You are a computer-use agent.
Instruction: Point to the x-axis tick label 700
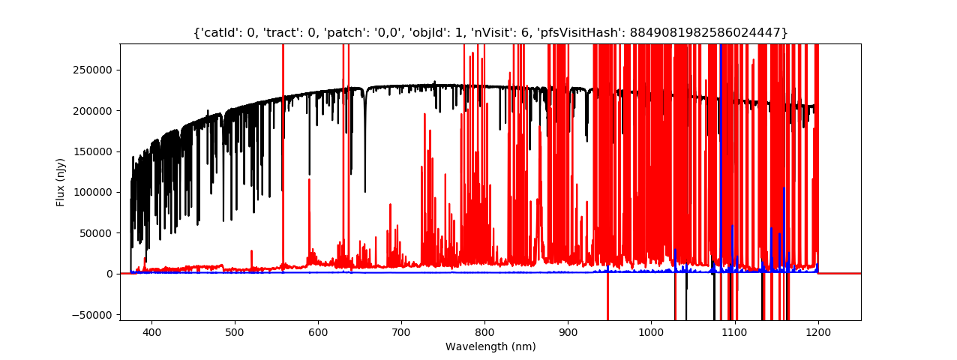point(401,331)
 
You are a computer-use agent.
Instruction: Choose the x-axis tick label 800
point(484,331)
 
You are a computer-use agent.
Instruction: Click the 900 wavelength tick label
point(568,331)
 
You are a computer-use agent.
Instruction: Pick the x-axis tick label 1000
point(651,331)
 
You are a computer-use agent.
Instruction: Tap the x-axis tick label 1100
point(734,331)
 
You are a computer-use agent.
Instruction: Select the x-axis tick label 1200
point(817,331)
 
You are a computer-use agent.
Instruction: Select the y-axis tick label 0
point(109,274)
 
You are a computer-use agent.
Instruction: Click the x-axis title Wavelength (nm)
point(490,346)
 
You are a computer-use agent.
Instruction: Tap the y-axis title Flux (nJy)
point(61,182)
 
